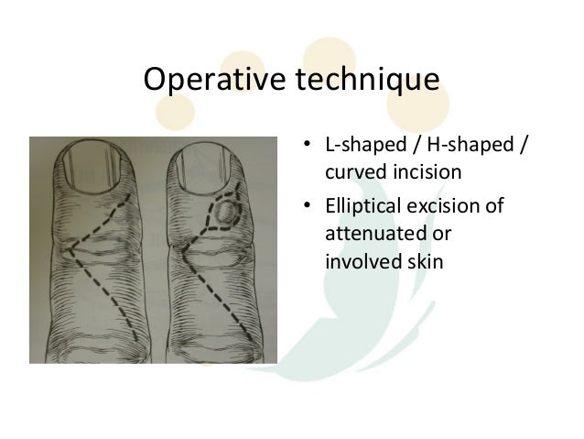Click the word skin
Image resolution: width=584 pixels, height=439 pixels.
422,262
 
